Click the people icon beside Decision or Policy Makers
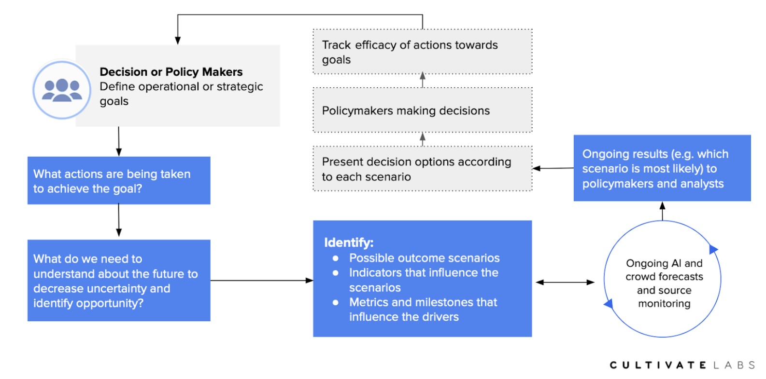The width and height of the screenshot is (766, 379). [x=61, y=90]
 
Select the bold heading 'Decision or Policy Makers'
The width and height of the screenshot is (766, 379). [x=171, y=72]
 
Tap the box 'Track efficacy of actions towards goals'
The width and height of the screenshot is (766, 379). [x=422, y=52]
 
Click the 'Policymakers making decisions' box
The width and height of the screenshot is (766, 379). [x=422, y=110]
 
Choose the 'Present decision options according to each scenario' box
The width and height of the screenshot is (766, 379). [x=422, y=169]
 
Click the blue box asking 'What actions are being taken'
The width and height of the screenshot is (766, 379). [x=119, y=181]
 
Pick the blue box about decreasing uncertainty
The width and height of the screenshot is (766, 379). [x=119, y=281]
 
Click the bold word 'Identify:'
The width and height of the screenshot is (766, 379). [x=349, y=242]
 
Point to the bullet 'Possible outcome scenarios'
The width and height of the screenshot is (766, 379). [x=424, y=258]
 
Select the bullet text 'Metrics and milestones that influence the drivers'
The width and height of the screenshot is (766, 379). [x=423, y=310]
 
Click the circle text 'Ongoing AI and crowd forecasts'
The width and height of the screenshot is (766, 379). [x=664, y=270]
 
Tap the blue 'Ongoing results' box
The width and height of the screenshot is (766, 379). [x=662, y=168]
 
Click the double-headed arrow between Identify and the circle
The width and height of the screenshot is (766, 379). [x=565, y=282]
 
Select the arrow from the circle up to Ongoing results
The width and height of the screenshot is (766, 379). [x=663, y=211]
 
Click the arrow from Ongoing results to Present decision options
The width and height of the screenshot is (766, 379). [x=553, y=168]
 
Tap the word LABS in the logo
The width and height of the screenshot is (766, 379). [x=734, y=365]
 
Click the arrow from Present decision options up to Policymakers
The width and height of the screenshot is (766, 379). [x=423, y=139]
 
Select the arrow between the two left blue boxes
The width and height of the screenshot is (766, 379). [x=119, y=221]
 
